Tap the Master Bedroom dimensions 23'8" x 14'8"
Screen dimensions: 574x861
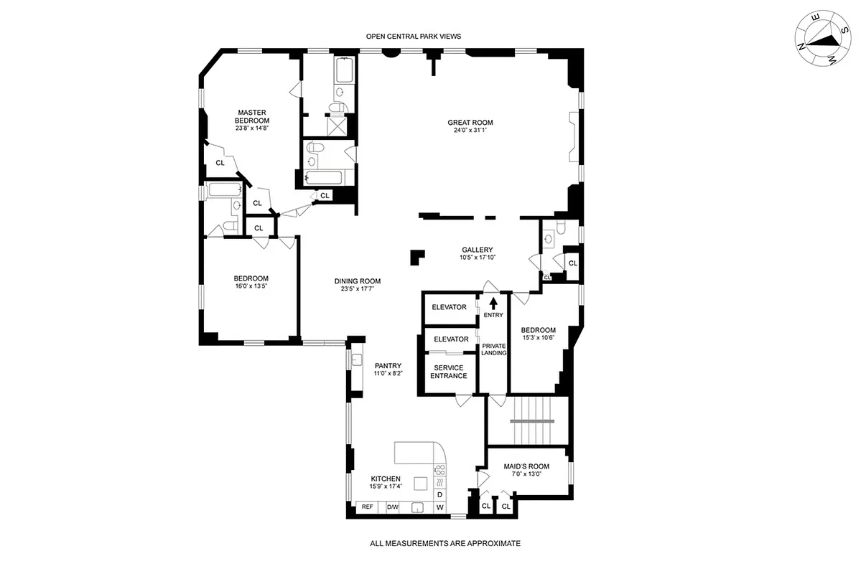click(x=252, y=128)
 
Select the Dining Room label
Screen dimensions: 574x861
click(x=357, y=281)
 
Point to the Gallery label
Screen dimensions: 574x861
click(x=478, y=250)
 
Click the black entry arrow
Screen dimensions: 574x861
click(x=493, y=302)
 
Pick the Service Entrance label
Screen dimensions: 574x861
click(x=448, y=372)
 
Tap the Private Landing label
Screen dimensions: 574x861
click(x=494, y=349)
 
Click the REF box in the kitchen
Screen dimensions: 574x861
click(x=368, y=507)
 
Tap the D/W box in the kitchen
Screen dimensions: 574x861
click(x=392, y=507)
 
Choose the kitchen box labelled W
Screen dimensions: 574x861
click(x=440, y=508)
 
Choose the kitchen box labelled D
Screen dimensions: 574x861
click(x=440, y=495)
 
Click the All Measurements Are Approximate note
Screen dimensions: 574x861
click(x=445, y=544)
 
